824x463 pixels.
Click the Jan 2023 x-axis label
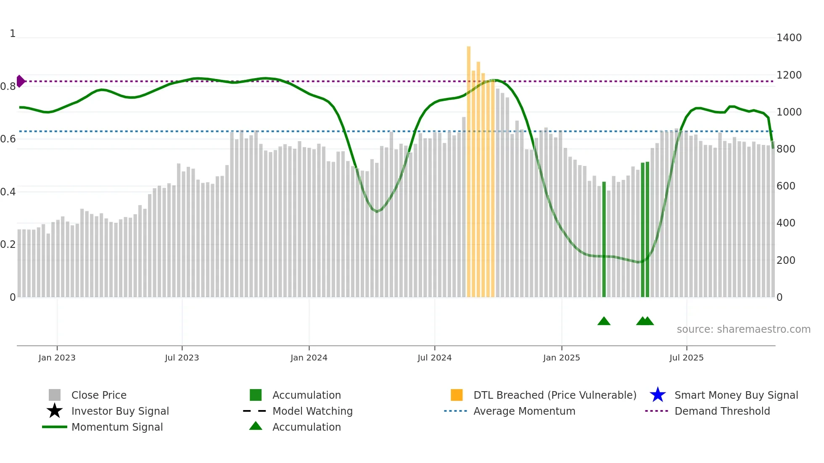pos(57,358)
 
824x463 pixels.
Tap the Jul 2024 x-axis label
pos(434,358)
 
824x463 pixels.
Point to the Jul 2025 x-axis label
pos(686,358)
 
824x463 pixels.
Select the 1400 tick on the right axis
pos(789,38)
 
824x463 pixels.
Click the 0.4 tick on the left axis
pos(8,192)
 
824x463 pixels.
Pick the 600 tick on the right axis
pos(786,186)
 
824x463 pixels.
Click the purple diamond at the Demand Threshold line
pos(20,81)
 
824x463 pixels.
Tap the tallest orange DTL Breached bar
pos(469,168)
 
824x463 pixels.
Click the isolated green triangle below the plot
pos(604,321)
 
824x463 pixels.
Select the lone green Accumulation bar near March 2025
pos(604,239)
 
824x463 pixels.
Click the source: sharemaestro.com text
pos(743,329)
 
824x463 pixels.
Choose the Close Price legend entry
pos(99,395)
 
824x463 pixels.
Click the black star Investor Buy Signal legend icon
pos(55,411)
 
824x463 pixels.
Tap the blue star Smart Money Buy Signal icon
pos(658,395)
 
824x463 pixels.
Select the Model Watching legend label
pos(312,411)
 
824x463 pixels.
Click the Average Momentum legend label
pos(524,411)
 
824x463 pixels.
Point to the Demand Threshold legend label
pos(722,411)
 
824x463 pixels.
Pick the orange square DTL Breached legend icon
pos(457,395)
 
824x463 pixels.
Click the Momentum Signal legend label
pos(117,427)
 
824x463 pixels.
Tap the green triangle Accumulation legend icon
pos(256,426)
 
